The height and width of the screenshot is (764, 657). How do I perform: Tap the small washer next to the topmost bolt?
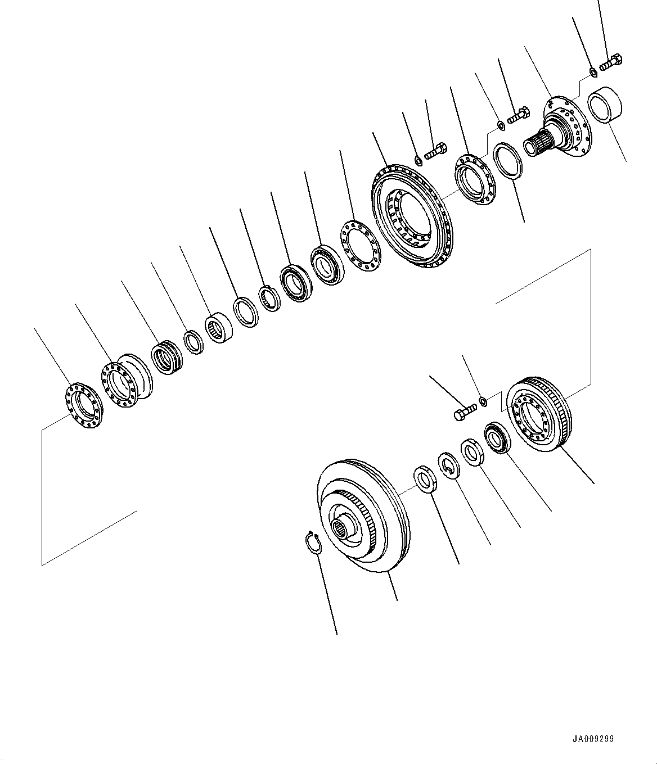[593, 72]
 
